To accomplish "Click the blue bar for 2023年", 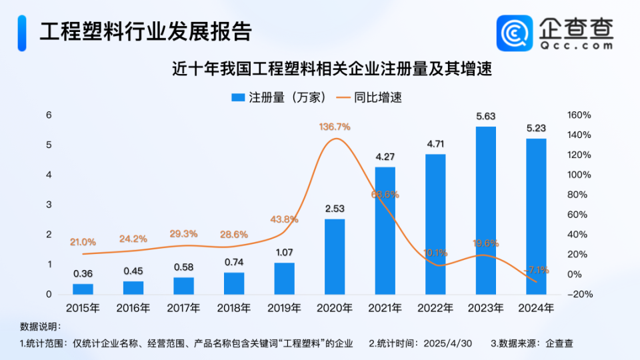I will click(486, 210).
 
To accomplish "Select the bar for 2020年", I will click(335, 256).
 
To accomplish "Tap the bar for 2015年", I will click(83, 289).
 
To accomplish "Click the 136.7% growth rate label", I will click(335, 127).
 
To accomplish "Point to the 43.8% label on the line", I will click(285, 219).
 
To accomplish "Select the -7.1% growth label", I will click(537, 270).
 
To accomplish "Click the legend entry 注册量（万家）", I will click(279, 97).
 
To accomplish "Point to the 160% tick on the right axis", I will click(579, 115).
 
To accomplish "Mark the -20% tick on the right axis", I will click(578, 295).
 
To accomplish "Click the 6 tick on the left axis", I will click(48, 115).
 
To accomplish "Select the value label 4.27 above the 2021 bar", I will click(385, 157).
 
